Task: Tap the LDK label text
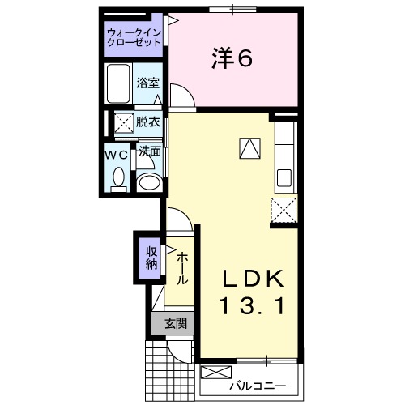[254, 279]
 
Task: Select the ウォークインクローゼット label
[134, 37]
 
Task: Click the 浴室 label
[147, 83]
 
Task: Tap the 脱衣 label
[147, 123]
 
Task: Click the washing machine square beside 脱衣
[123, 124]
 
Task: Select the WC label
[115, 151]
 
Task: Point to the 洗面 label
[149, 151]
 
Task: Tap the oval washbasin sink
[148, 181]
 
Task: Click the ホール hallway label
[184, 268]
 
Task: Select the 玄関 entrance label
[176, 323]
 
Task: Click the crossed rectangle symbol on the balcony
[215, 374]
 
